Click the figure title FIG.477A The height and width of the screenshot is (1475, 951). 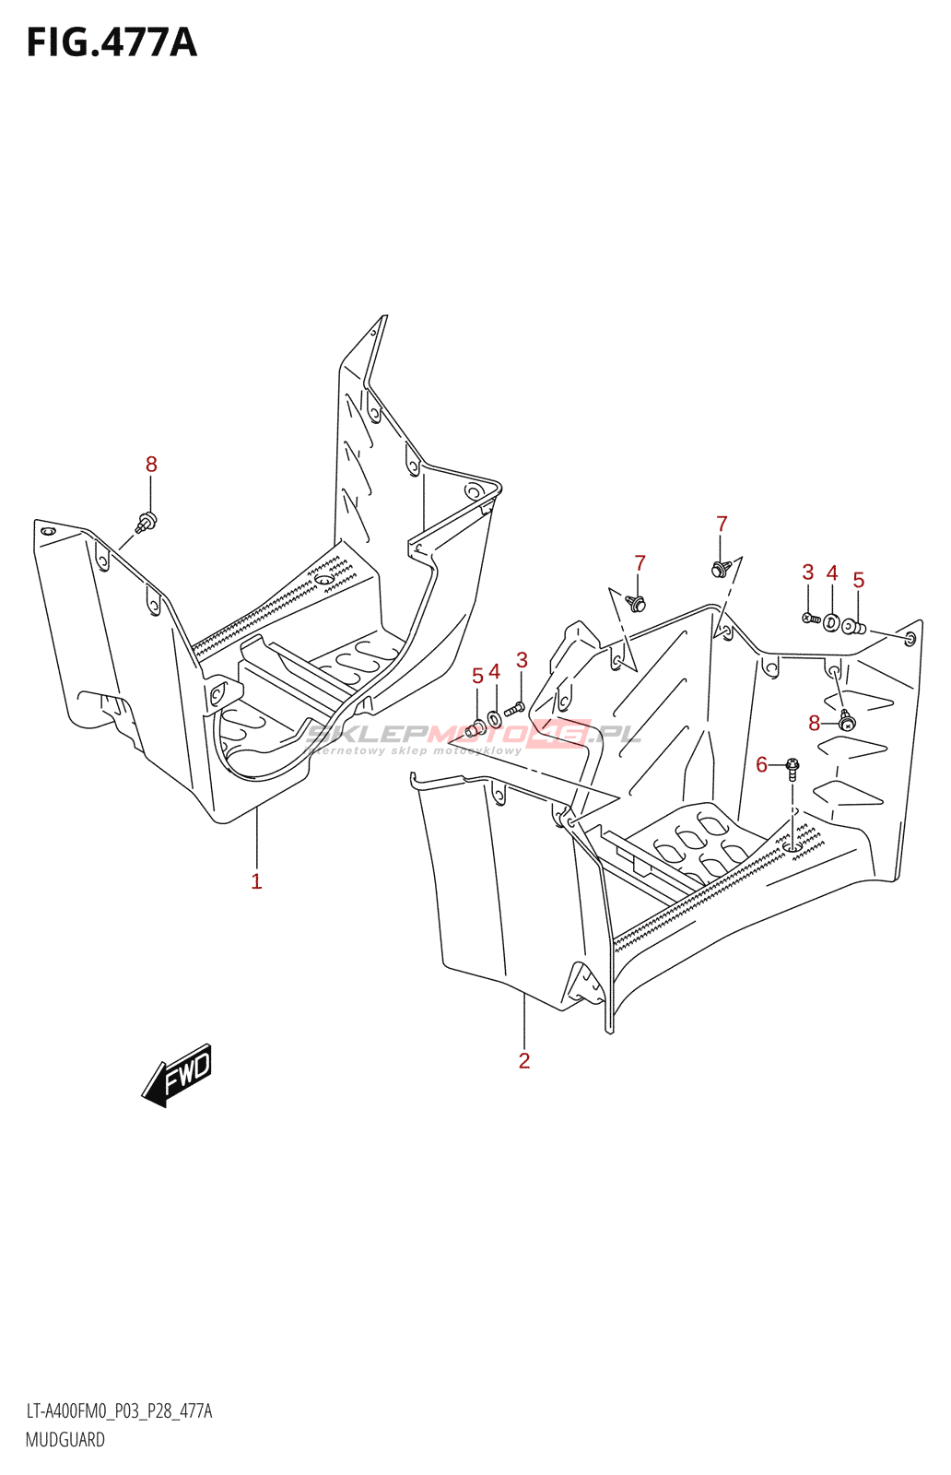tap(112, 42)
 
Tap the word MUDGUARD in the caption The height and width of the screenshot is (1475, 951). tap(65, 1439)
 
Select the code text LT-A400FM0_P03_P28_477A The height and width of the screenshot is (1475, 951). tap(119, 1411)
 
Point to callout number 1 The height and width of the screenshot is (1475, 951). tap(256, 881)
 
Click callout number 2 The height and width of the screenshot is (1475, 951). tap(523, 1060)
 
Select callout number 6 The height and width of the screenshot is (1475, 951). tap(761, 764)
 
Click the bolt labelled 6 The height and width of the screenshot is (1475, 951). tap(792, 768)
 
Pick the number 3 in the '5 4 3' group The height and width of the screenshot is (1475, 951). tap(522, 660)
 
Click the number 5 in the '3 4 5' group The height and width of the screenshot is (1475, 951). tap(858, 580)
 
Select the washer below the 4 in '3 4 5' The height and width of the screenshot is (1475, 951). tap(832, 623)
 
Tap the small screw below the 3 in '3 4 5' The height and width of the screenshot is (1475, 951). tap(811, 618)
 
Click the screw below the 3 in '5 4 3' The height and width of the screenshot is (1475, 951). tap(515, 708)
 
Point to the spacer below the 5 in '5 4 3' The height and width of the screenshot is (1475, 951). tap(475, 730)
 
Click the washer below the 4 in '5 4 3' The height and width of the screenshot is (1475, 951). tap(495, 718)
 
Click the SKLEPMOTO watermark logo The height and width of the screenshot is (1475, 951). tap(472, 736)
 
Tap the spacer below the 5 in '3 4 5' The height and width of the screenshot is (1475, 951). tap(854, 628)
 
